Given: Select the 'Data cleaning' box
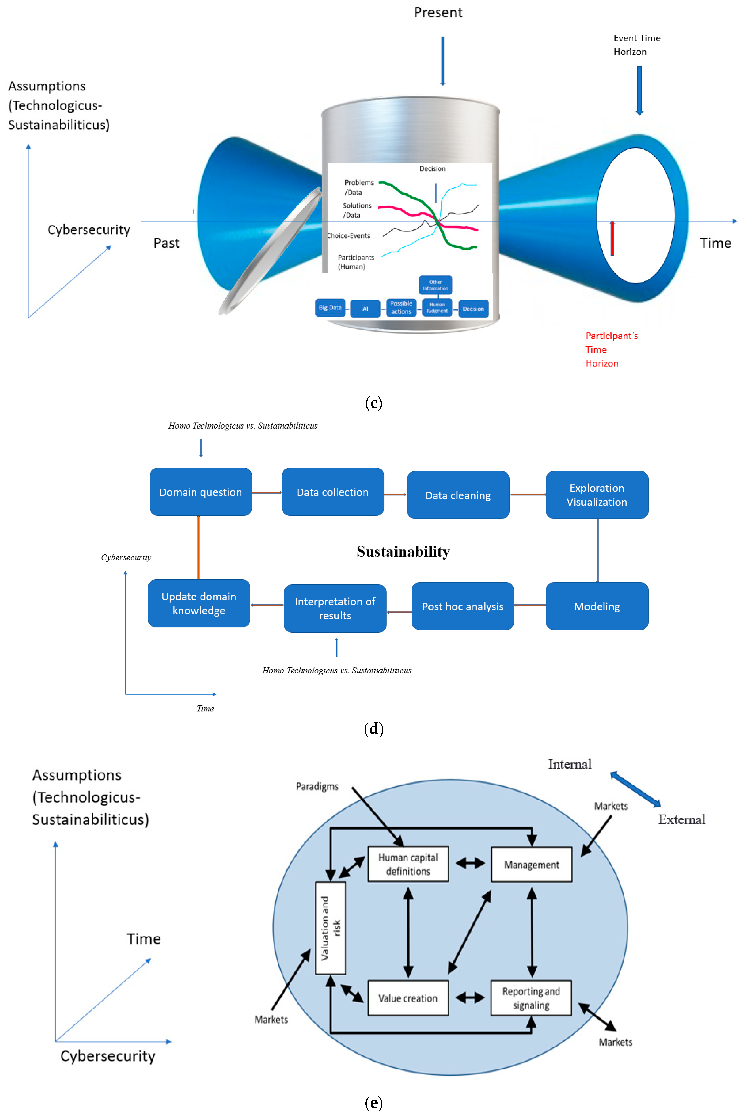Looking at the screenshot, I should [x=458, y=495].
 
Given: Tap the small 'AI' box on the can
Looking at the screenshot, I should [x=365, y=309].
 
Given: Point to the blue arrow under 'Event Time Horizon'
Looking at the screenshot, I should [x=639, y=90].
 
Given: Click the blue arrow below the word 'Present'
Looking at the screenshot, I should [x=443, y=61].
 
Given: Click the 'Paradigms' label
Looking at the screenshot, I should [x=317, y=786].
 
